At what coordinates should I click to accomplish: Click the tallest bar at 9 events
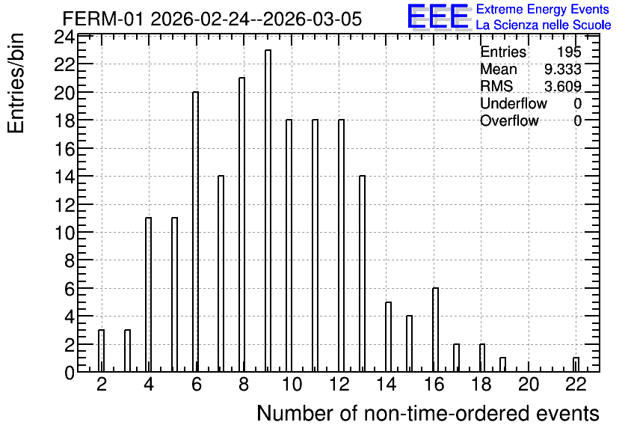(x=268, y=210)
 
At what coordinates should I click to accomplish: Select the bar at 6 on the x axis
(x=195, y=232)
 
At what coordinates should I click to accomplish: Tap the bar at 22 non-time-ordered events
(x=576, y=364)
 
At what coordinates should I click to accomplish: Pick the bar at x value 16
(x=435, y=330)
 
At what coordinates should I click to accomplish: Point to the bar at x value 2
(x=101, y=351)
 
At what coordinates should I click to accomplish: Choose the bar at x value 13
(x=362, y=274)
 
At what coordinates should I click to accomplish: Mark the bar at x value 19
(x=502, y=364)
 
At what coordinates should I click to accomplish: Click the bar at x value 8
(x=242, y=224)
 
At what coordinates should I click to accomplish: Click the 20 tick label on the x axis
(x=529, y=385)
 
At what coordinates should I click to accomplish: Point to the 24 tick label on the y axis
(x=64, y=37)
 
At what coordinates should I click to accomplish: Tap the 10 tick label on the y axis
(x=64, y=233)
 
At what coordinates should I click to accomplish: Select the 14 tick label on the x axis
(x=387, y=385)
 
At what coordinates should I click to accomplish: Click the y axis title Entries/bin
(x=16, y=83)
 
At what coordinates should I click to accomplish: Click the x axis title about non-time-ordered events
(x=428, y=413)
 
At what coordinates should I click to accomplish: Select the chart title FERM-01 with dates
(x=212, y=19)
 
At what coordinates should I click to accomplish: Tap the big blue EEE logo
(x=438, y=16)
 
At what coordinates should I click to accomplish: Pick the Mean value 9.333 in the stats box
(x=562, y=69)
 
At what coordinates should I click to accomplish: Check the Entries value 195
(x=569, y=52)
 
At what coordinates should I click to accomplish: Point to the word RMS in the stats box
(x=496, y=86)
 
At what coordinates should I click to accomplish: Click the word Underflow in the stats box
(x=514, y=103)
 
